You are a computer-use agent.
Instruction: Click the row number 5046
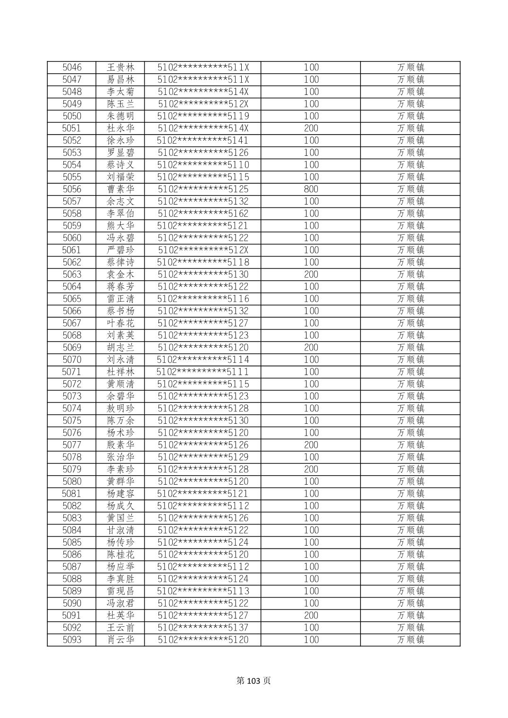[x=72, y=68]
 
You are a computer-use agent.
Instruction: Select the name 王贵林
[x=121, y=68]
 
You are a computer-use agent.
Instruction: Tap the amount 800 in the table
[x=311, y=189]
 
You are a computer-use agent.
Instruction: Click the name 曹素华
[x=121, y=189]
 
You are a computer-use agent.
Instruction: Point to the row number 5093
[x=72, y=640]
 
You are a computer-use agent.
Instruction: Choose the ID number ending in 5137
[x=203, y=628]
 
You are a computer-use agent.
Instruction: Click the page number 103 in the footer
[x=254, y=681]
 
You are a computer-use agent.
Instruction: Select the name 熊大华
[x=121, y=226]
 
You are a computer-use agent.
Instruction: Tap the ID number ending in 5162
[x=203, y=214]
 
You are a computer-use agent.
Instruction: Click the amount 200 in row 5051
[x=311, y=128]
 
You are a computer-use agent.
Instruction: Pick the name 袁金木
[x=121, y=274]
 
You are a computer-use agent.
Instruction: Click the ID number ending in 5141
[x=203, y=141]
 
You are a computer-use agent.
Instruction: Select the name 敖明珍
[x=121, y=409]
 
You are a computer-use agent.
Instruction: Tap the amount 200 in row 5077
[x=311, y=445]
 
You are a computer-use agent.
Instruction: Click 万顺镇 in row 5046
[x=411, y=68]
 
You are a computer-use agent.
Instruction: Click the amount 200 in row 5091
[x=311, y=615]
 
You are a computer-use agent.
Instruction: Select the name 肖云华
[x=121, y=640]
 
